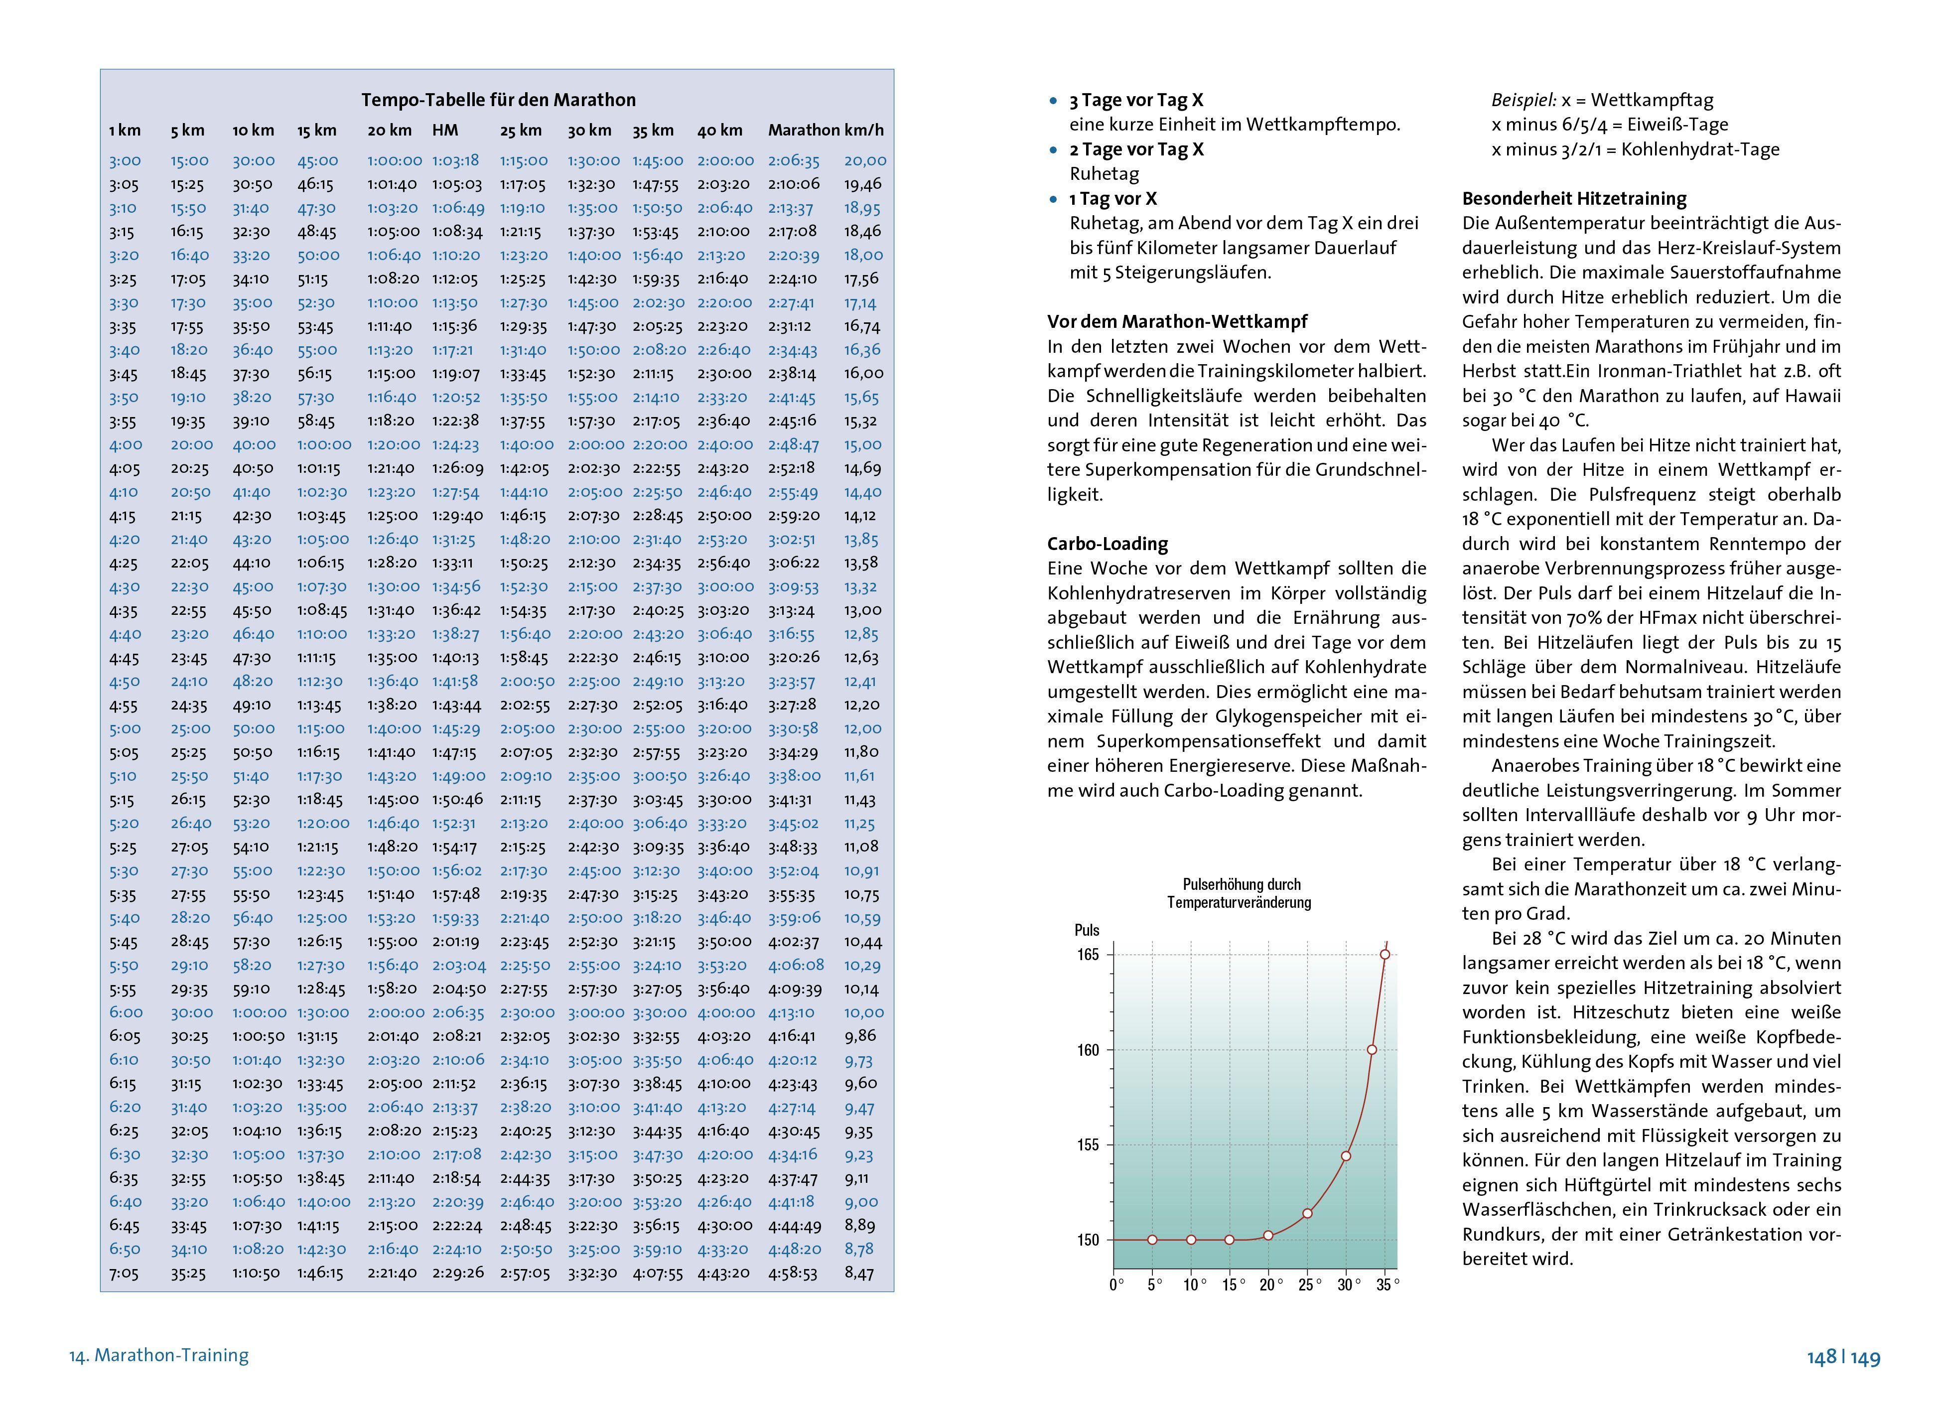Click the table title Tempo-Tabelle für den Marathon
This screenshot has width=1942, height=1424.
(498, 100)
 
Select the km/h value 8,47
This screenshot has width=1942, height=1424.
(859, 1273)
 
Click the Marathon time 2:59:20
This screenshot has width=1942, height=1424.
(793, 516)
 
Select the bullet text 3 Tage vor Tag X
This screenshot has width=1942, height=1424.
(1136, 100)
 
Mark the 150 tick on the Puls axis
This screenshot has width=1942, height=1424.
(1088, 1240)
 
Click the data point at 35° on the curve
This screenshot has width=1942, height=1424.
(1385, 954)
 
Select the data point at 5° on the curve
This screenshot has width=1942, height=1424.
(1152, 1240)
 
